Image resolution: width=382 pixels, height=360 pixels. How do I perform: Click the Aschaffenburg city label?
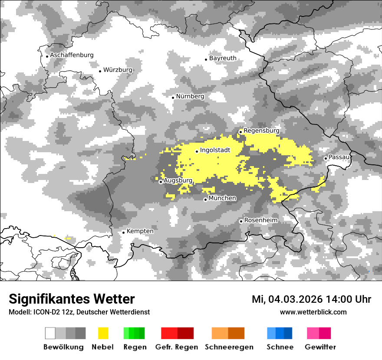coord(72,56)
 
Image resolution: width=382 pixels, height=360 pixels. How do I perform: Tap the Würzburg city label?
coord(118,70)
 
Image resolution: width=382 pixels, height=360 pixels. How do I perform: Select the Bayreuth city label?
coord(223,58)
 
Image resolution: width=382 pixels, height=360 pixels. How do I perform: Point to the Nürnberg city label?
coord(190,96)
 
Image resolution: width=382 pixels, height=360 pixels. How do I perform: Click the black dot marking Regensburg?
coord(240,132)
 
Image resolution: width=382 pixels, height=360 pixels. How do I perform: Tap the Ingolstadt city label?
coord(215,151)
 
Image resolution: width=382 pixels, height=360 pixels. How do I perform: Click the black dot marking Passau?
coord(326,158)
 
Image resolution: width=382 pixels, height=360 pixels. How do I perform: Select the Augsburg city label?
coord(178,180)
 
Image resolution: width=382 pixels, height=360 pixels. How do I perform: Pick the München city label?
coord(222,198)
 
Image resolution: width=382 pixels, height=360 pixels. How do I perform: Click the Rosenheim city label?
coord(260,220)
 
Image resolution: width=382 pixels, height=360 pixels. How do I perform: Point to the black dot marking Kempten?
coord(123,232)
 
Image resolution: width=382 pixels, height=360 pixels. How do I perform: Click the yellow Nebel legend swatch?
coord(103,333)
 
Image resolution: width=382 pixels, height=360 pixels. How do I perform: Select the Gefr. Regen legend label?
coord(177,347)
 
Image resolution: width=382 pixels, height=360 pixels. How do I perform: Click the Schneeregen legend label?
coord(229,347)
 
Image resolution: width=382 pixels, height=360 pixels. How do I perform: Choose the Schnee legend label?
coord(280,347)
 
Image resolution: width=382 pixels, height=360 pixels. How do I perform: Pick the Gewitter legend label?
coord(320,347)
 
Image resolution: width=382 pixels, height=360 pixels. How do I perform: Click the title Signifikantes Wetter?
coord(72,299)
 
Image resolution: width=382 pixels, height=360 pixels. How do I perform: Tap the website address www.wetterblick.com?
coord(313,312)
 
